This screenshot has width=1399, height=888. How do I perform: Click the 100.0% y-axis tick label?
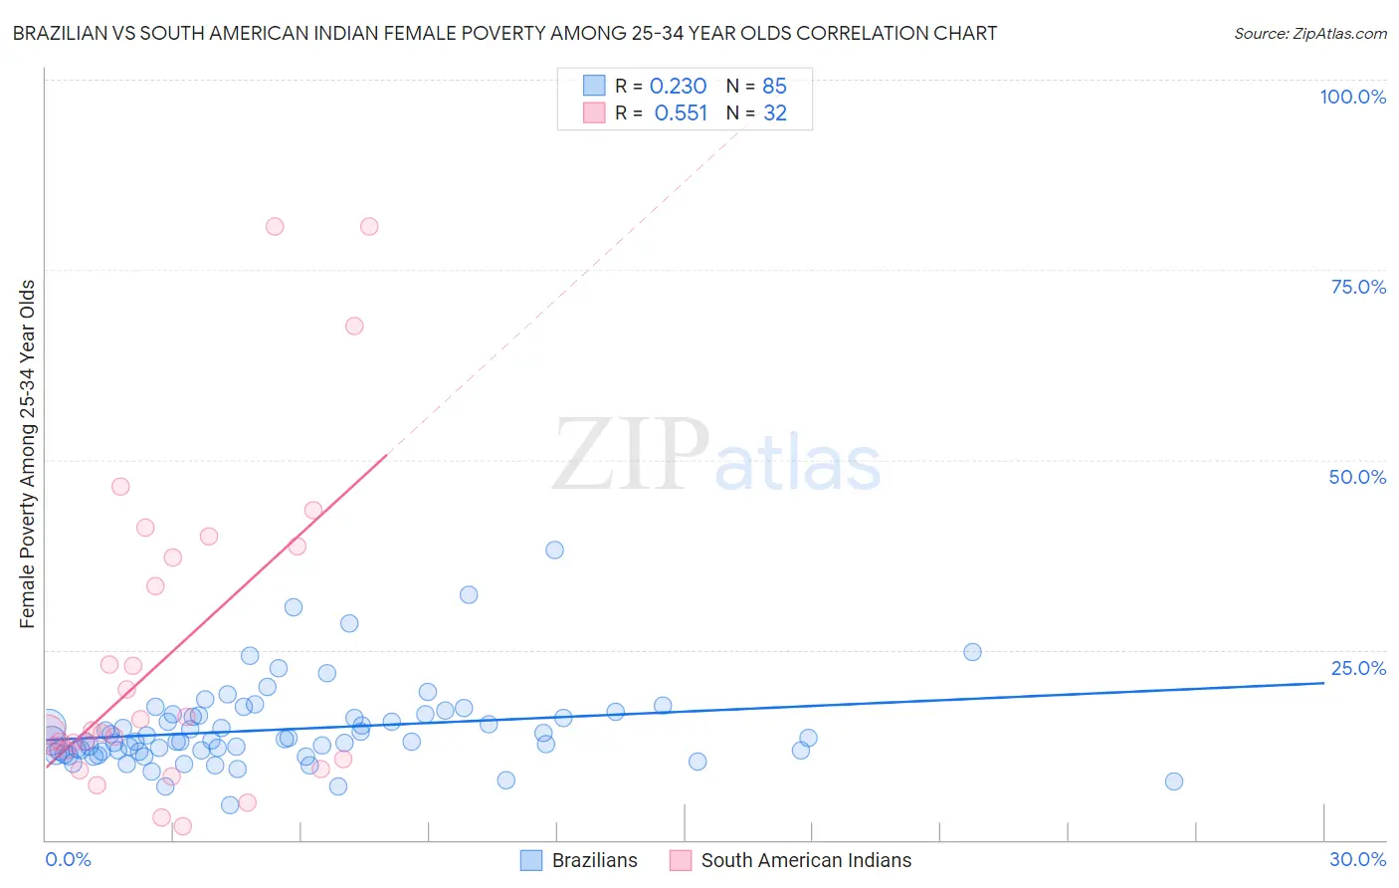[x=1352, y=97]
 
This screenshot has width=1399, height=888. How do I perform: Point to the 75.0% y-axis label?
[x=1358, y=287]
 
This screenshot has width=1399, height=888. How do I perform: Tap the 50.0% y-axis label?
[x=1357, y=477]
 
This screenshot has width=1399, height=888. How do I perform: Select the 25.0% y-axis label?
[x=1358, y=668]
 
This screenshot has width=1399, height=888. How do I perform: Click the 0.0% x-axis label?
[x=68, y=859]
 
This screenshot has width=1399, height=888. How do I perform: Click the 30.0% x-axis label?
[x=1357, y=859]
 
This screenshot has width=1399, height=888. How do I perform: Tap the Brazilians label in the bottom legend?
[x=594, y=860]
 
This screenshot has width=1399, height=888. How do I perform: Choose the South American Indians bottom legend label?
[x=806, y=860]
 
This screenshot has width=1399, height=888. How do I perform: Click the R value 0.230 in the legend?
[x=678, y=87]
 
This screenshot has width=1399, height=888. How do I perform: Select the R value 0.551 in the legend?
[x=681, y=113]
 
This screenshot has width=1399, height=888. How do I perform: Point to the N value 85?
[x=774, y=87]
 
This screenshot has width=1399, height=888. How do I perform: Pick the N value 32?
[x=774, y=113]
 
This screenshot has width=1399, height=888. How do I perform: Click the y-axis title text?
[x=28, y=454]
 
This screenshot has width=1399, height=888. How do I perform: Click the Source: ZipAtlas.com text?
[x=1309, y=34]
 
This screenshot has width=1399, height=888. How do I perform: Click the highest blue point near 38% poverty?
[x=554, y=551]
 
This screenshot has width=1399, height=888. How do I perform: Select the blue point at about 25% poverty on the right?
[x=972, y=652]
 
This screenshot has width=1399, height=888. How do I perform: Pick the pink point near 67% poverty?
[x=354, y=326]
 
